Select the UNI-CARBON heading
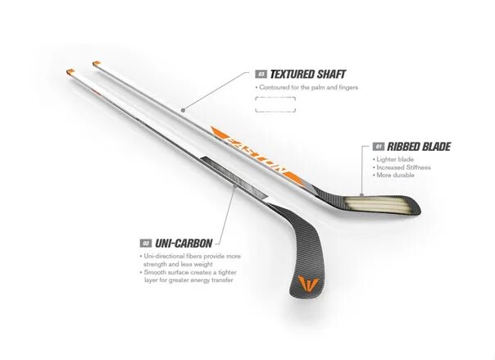click(x=184, y=243)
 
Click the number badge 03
click(x=261, y=74)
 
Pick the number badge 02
click(x=146, y=243)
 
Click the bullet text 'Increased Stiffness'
click(x=404, y=167)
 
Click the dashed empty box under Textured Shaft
click(x=281, y=103)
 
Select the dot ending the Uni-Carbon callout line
click(x=237, y=185)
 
